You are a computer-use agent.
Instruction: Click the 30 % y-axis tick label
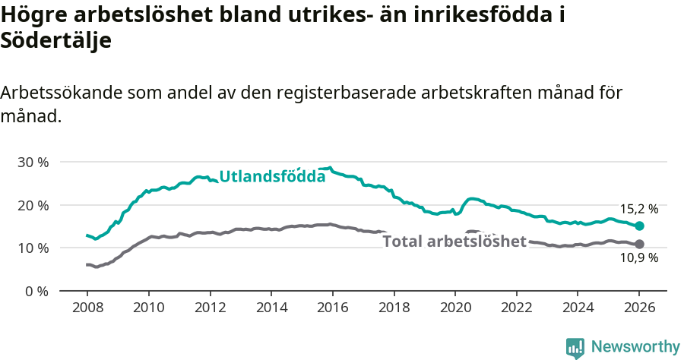pyautogui.click(x=33, y=162)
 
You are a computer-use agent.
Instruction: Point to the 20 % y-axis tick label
pyautogui.click(x=33, y=205)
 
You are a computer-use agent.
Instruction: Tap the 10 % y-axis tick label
pyautogui.click(x=33, y=248)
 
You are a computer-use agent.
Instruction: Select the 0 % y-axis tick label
pyautogui.click(x=36, y=291)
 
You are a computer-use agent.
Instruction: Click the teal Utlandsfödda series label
pyautogui.click(x=272, y=176)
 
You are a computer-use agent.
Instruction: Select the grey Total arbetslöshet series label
pyautogui.click(x=454, y=242)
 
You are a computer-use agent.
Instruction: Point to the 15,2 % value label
pyautogui.click(x=639, y=209)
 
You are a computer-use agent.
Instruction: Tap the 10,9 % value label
pyautogui.click(x=639, y=258)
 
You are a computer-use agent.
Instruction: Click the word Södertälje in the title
pyautogui.click(x=56, y=41)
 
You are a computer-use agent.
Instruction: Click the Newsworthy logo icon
pyautogui.click(x=575, y=347)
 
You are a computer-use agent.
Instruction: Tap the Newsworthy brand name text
pyautogui.click(x=635, y=347)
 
